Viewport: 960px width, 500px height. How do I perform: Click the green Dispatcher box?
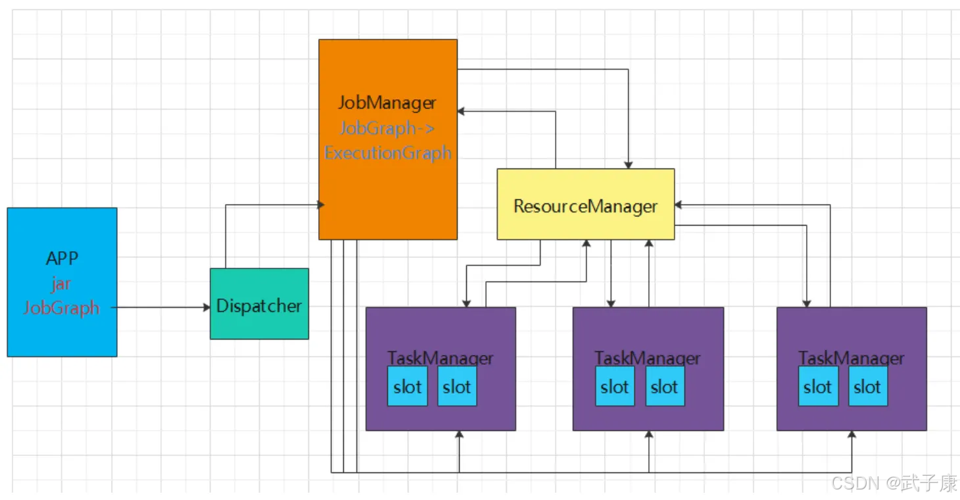point(259,303)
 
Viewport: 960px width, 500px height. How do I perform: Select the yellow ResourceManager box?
point(585,204)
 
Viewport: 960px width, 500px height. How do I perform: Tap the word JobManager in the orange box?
point(387,103)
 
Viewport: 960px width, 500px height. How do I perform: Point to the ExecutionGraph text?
point(388,153)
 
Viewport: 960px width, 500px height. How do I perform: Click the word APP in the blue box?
point(62,258)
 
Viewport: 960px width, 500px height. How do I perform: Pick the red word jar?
point(61,284)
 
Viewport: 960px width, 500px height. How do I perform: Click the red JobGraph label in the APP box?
point(61,308)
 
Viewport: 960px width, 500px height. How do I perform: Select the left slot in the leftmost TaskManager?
point(407,386)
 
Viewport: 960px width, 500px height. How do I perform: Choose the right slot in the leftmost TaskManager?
point(457,386)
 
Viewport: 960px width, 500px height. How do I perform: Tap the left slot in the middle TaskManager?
point(615,386)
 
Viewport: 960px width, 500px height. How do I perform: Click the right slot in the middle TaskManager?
point(665,386)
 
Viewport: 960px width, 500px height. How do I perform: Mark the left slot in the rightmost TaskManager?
point(818,386)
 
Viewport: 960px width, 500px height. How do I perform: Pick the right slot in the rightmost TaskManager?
point(868,386)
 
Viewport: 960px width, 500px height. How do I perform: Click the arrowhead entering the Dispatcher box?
point(206,307)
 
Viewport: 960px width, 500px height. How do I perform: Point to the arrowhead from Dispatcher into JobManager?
point(321,205)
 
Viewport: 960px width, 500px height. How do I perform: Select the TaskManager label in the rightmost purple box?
point(851,358)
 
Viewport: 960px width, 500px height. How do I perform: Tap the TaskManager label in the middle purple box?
point(647,358)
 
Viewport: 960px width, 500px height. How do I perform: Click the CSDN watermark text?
point(894,483)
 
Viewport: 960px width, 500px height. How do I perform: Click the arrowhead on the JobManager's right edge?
point(461,111)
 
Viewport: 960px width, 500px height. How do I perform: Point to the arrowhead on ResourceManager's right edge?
point(679,205)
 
